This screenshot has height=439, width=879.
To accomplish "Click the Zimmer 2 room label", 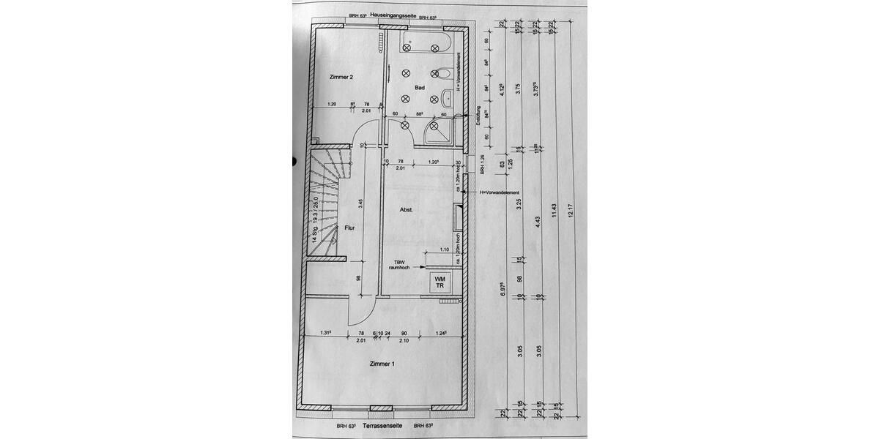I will [341, 77].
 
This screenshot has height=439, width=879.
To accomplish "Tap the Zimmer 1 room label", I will [382, 364].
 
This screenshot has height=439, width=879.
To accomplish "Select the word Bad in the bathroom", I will [420, 87].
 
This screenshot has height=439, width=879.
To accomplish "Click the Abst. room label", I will [407, 210].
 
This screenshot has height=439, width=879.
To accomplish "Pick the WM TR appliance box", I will [440, 282].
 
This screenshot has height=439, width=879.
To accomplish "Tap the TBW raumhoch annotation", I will [398, 265].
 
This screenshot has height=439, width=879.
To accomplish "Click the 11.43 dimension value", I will [555, 210].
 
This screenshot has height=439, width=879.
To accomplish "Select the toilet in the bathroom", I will [441, 74].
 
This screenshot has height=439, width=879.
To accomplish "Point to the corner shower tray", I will [437, 132].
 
